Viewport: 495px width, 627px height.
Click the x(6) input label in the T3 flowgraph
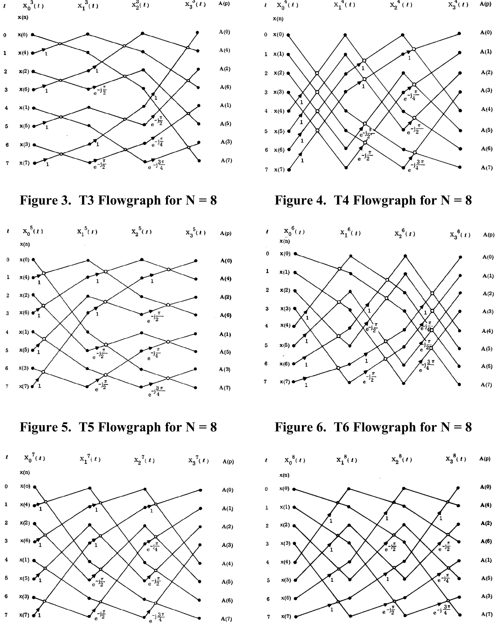24,89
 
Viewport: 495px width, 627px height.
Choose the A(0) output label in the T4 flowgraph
486,32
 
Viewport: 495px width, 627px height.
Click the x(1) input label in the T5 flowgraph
24,332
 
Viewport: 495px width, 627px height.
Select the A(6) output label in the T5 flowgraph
225,315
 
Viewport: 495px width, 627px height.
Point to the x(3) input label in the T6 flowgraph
285,308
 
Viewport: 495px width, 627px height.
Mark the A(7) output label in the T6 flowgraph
487,385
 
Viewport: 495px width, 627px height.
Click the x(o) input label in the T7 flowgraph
25,486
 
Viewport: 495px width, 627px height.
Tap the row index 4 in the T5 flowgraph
7,332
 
